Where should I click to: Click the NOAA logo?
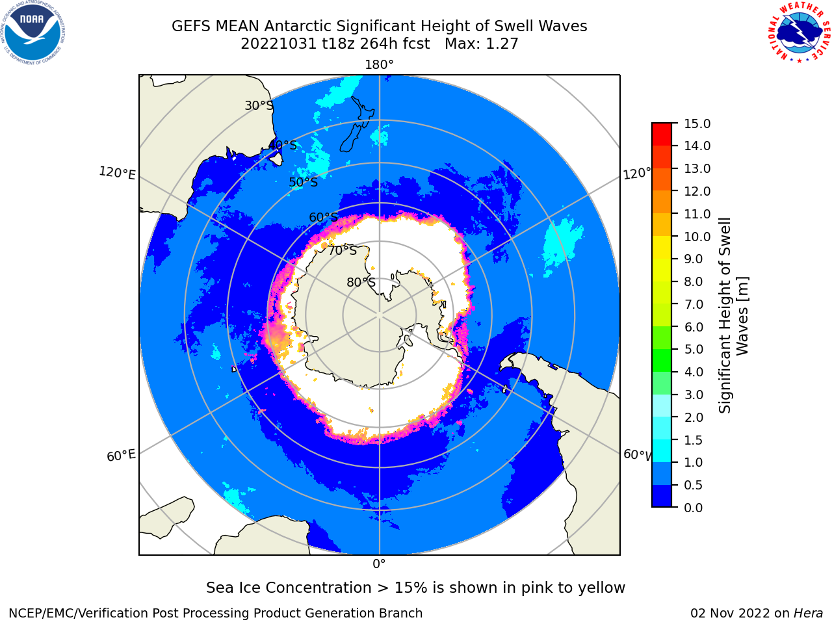pos(32,32)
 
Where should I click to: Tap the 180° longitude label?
pos(379,65)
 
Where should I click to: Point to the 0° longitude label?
pos(379,564)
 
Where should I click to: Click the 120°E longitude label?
pos(117,173)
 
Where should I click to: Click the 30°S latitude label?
pos(259,105)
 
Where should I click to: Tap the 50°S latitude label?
pos(304,182)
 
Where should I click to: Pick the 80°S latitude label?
pos(361,282)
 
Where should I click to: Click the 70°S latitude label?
pos(343,251)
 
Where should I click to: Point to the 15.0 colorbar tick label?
pos(697,124)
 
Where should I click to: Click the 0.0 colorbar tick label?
pos(694,508)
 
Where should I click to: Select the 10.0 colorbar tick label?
pos(697,237)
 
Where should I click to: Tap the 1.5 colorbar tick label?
pos(694,440)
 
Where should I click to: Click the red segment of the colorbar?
pos(662,135)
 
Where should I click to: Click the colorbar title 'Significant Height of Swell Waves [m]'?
pos(733,315)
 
